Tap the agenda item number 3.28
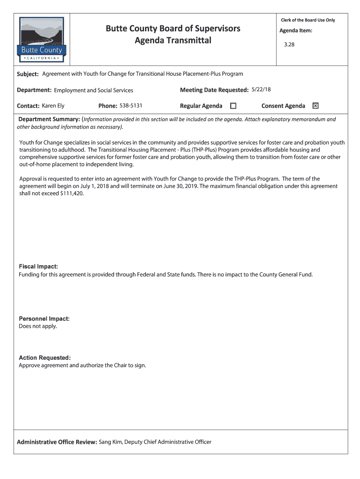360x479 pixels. point(289,45)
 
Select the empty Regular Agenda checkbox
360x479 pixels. point(233,106)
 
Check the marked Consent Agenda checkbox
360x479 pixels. point(316,106)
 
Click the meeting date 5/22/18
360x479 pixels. point(261,89)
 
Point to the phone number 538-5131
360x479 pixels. point(131,106)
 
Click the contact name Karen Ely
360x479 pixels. point(53,106)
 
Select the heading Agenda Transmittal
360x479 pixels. point(173,41)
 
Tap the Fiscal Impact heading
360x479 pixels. point(38,267)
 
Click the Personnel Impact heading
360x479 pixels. point(44,319)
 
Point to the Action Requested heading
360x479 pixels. point(45,358)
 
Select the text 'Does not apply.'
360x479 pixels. point(38,326)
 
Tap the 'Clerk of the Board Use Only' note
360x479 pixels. point(308,20)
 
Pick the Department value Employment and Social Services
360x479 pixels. point(94,90)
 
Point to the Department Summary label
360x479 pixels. point(49,119)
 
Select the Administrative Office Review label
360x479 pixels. point(57,442)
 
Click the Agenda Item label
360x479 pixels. point(296,31)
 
